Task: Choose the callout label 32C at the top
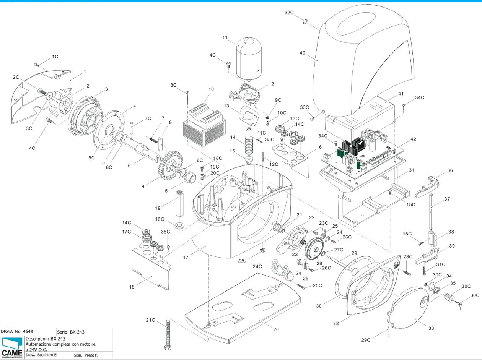[x=290, y=12]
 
